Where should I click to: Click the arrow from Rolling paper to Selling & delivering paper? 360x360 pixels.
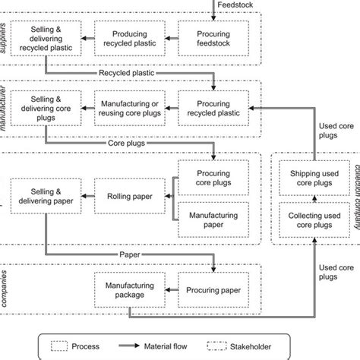click(83, 196)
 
